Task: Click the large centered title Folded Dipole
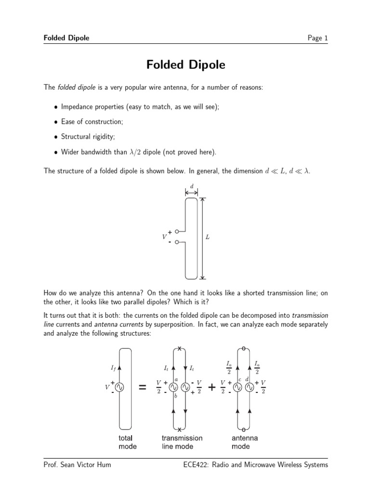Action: click(x=185, y=65)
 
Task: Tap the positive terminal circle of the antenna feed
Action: click(x=177, y=232)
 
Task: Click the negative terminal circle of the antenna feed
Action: click(x=177, y=242)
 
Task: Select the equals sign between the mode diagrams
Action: click(x=143, y=387)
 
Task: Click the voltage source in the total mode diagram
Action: click(x=119, y=387)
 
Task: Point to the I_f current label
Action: click(x=113, y=368)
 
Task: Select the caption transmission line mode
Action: click(x=182, y=442)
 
